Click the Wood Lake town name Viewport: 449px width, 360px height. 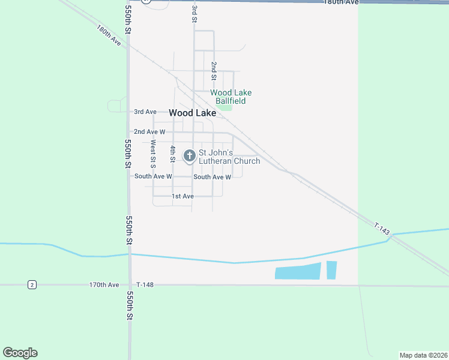click(x=192, y=113)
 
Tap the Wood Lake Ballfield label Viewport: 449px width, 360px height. click(x=231, y=97)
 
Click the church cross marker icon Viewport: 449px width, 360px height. click(x=189, y=157)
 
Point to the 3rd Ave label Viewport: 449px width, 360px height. click(x=145, y=112)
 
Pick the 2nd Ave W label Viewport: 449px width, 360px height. click(x=149, y=131)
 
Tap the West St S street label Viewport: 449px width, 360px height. click(x=153, y=153)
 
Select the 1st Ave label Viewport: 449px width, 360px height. click(x=182, y=196)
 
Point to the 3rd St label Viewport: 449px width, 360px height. click(x=194, y=13)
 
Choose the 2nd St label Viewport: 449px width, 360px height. click(x=213, y=70)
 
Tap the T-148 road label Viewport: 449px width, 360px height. click(x=145, y=284)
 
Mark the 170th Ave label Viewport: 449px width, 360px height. click(x=104, y=284)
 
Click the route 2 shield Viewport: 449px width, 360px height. click(x=32, y=284)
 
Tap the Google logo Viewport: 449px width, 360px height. click(x=20, y=353)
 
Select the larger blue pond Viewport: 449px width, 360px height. click(x=298, y=271)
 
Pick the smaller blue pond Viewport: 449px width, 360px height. click(x=331, y=271)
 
